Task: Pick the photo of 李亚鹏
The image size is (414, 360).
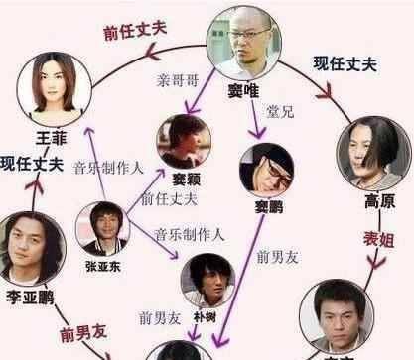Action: coord(30,242)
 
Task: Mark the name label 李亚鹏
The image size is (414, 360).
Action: coord(28,297)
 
